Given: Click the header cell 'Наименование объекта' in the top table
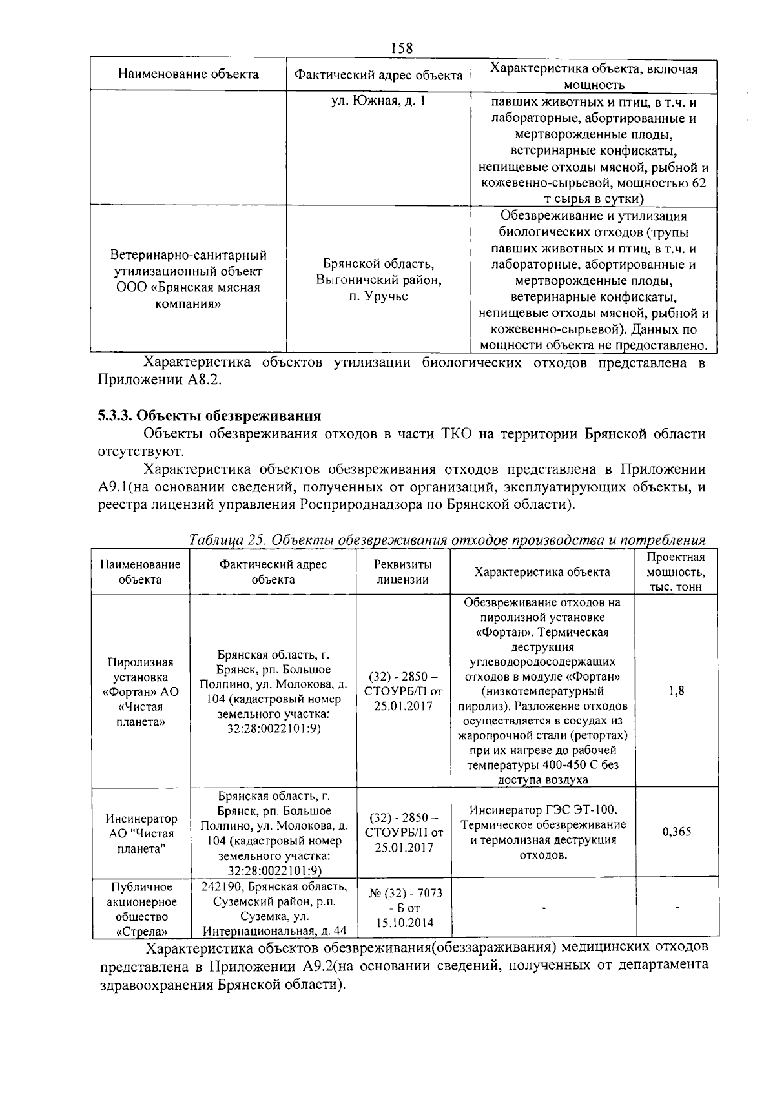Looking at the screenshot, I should click(x=188, y=74).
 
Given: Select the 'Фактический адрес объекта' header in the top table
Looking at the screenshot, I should click(x=378, y=76).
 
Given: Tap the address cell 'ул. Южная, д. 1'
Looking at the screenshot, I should click(x=378, y=101).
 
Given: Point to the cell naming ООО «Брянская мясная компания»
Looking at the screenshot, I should click(x=188, y=279).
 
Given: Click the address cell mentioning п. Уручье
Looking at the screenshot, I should click(x=378, y=280).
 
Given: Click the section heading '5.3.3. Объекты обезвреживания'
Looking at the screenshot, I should click(x=209, y=414).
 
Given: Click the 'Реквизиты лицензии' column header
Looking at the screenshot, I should click(x=403, y=571).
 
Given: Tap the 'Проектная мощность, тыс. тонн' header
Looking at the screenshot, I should click(x=676, y=571).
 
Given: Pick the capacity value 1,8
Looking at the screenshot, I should click(x=676, y=691).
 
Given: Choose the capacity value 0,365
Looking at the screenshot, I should click(x=676, y=832).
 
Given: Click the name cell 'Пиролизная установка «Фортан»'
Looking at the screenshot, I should click(x=141, y=691).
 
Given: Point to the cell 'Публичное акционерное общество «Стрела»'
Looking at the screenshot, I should click(x=141, y=908).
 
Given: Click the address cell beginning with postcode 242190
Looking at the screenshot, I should click(x=274, y=908).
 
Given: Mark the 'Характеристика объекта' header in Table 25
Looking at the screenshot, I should click(x=542, y=572).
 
